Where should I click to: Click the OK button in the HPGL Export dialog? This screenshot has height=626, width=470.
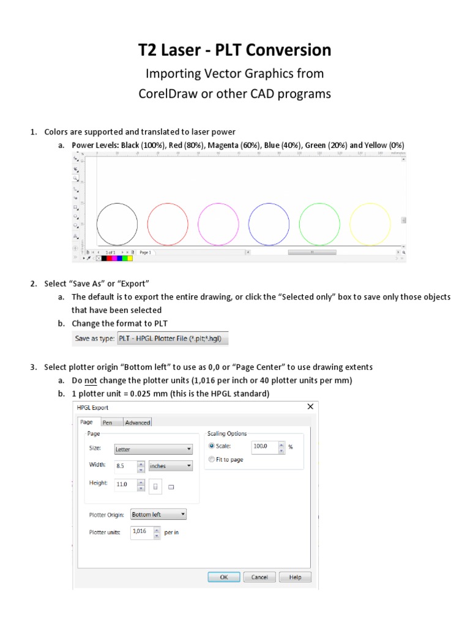coord(224,577)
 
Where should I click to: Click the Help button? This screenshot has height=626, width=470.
coord(295,577)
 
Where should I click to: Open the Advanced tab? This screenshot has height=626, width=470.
coord(137,422)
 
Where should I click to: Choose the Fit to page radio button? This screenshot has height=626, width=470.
coord(212,459)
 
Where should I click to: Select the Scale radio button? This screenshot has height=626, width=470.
coord(212,446)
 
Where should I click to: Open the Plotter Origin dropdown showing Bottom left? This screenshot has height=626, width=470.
coord(158,515)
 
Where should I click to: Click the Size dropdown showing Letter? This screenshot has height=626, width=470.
coord(152,449)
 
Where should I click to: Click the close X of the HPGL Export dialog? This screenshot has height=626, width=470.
coord(310,407)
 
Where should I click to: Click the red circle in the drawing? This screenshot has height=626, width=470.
coord(168,224)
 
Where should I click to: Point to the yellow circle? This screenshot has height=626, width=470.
coord(370,224)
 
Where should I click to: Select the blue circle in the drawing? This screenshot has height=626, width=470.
coord(269,224)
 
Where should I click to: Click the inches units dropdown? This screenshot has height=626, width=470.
coord(170,466)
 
